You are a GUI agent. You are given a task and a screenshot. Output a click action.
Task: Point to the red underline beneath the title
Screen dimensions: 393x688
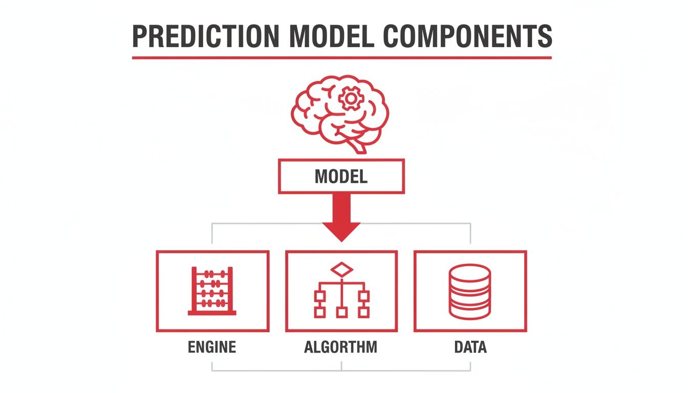coord(341,57)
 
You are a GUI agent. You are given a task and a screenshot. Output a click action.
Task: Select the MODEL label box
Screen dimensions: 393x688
coord(341,177)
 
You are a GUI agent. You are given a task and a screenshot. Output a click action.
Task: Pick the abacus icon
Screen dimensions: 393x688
coord(212,290)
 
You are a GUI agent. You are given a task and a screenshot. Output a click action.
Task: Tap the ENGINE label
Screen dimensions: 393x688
coord(212,347)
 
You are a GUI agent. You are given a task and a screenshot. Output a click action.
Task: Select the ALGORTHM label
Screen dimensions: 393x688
coord(341,347)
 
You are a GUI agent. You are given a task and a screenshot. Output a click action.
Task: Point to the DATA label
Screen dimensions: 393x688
coord(470,347)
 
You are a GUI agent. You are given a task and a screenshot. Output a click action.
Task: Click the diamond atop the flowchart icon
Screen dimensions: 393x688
coord(341,269)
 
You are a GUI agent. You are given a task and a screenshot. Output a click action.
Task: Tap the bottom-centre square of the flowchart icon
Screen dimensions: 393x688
coord(341,312)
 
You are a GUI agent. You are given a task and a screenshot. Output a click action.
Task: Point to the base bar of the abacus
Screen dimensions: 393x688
coord(212,312)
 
